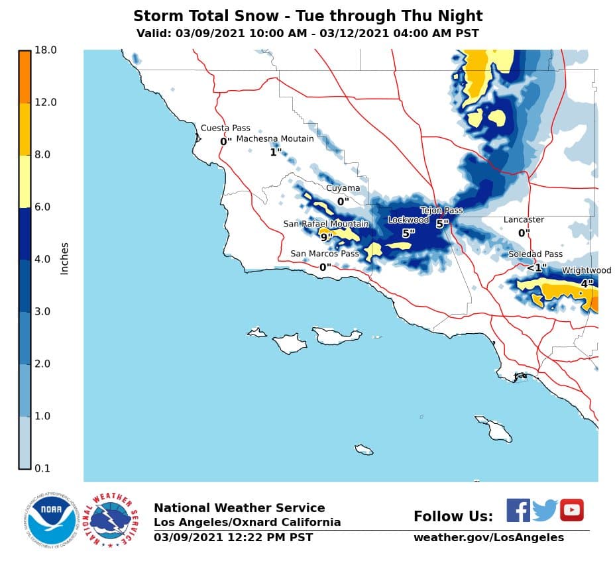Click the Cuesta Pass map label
225,128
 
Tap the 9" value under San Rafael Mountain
326,236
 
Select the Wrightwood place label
587,270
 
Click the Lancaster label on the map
524,219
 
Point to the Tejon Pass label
441,211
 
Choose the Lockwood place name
408,220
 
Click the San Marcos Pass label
325,254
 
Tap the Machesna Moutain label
275,138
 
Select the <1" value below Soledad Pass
536,268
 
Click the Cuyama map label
343,188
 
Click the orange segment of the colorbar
25,76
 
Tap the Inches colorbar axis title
64,259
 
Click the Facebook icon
518,510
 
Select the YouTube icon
571,510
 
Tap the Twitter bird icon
545,511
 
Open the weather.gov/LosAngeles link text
488,537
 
